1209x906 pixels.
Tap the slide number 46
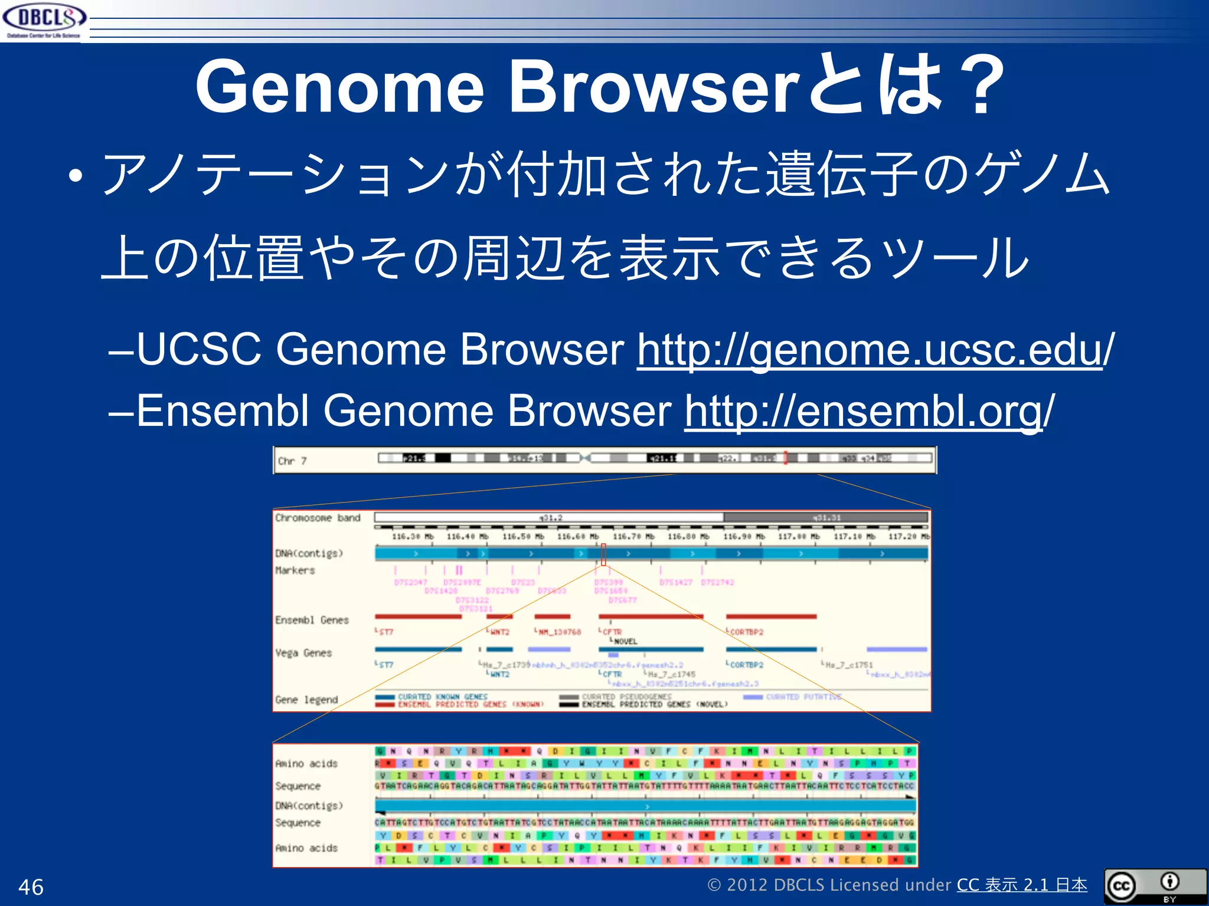[x=31, y=887]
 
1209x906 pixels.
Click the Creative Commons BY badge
[x=1155, y=886]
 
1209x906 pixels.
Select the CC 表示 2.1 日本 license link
[x=1021, y=885]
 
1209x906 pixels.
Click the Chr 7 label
[x=292, y=461]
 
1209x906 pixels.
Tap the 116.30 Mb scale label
[x=412, y=537]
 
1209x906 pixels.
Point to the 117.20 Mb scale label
[x=909, y=537]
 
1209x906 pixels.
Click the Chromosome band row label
[x=318, y=518]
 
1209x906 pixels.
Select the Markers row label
[x=295, y=570]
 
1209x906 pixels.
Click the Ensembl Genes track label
[x=312, y=620]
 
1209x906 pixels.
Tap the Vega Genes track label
[x=303, y=653]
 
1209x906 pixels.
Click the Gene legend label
[x=306, y=700]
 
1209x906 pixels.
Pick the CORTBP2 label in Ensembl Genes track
[x=746, y=632]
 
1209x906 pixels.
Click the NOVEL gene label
[x=625, y=641]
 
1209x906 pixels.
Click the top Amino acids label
[x=306, y=763]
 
